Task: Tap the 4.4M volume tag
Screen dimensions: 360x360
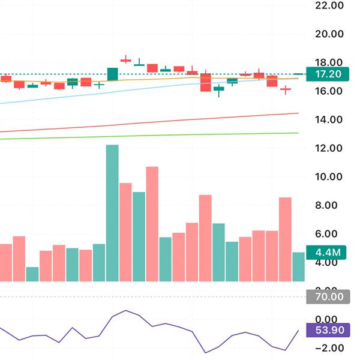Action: (324, 253)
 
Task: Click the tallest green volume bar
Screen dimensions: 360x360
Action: (112, 213)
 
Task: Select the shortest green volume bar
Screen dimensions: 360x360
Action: (32, 274)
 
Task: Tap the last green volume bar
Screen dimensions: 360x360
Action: (298, 266)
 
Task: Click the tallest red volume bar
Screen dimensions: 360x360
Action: (152, 223)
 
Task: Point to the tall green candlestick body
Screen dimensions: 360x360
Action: (112, 74)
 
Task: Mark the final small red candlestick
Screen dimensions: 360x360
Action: (285, 89)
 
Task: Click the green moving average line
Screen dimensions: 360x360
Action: (180, 135)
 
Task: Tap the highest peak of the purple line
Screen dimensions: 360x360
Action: (125, 310)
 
